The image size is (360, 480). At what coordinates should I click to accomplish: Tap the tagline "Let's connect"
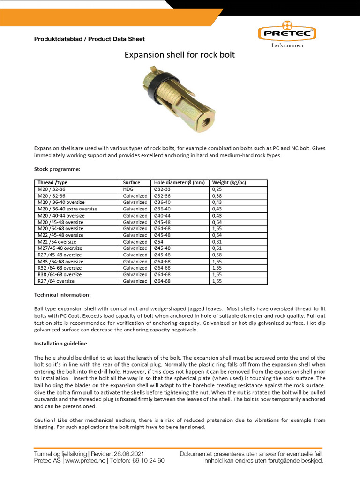pyautogui.click(x=288, y=45)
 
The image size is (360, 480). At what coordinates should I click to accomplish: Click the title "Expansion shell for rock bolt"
pyautogui.click(x=179, y=55)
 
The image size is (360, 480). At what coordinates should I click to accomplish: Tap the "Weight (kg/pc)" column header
pyautogui.click(x=230, y=183)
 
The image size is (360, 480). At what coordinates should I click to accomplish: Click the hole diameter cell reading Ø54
pyautogui.click(x=159, y=242)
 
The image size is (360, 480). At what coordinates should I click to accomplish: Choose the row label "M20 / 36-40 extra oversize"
pyautogui.click(x=67, y=209)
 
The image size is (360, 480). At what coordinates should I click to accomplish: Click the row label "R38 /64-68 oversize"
pyautogui.click(x=60, y=275)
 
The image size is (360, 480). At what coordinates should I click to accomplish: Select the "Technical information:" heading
pyautogui.click(x=62, y=295)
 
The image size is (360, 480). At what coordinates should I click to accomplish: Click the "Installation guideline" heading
pyautogui.click(x=60, y=344)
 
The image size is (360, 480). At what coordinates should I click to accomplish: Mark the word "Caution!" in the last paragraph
pyautogui.click(x=45, y=420)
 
